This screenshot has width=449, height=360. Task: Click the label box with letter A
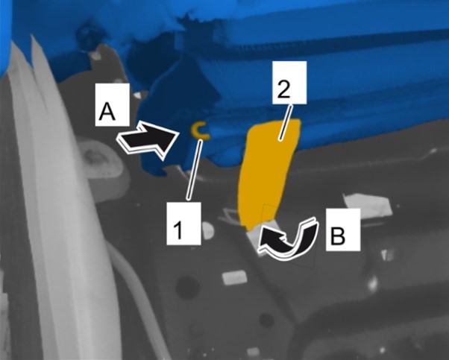(x=112, y=105)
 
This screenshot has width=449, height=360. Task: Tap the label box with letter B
(x=343, y=230)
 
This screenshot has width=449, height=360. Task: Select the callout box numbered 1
(x=183, y=223)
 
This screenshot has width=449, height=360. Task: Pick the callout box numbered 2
(x=289, y=83)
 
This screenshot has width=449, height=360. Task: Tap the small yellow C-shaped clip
(x=197, y=130)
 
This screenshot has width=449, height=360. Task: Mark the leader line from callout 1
(x=195, y=169)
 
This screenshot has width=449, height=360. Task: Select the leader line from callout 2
(x=286, y=123)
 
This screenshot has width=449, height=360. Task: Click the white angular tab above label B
(x=368, y=204)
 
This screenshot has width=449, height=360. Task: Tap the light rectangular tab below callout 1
(x=234, y=277)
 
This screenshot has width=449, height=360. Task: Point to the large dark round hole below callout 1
(x=188, y=287)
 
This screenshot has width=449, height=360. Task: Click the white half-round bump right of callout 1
(x=208, y=230)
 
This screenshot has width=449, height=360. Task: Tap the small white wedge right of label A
(x=141, y=95)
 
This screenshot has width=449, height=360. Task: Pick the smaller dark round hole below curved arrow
(x=266, y=320)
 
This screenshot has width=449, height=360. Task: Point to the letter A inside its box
(x=107, y=112)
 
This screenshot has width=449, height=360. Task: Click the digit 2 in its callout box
(x=284, y=90)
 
